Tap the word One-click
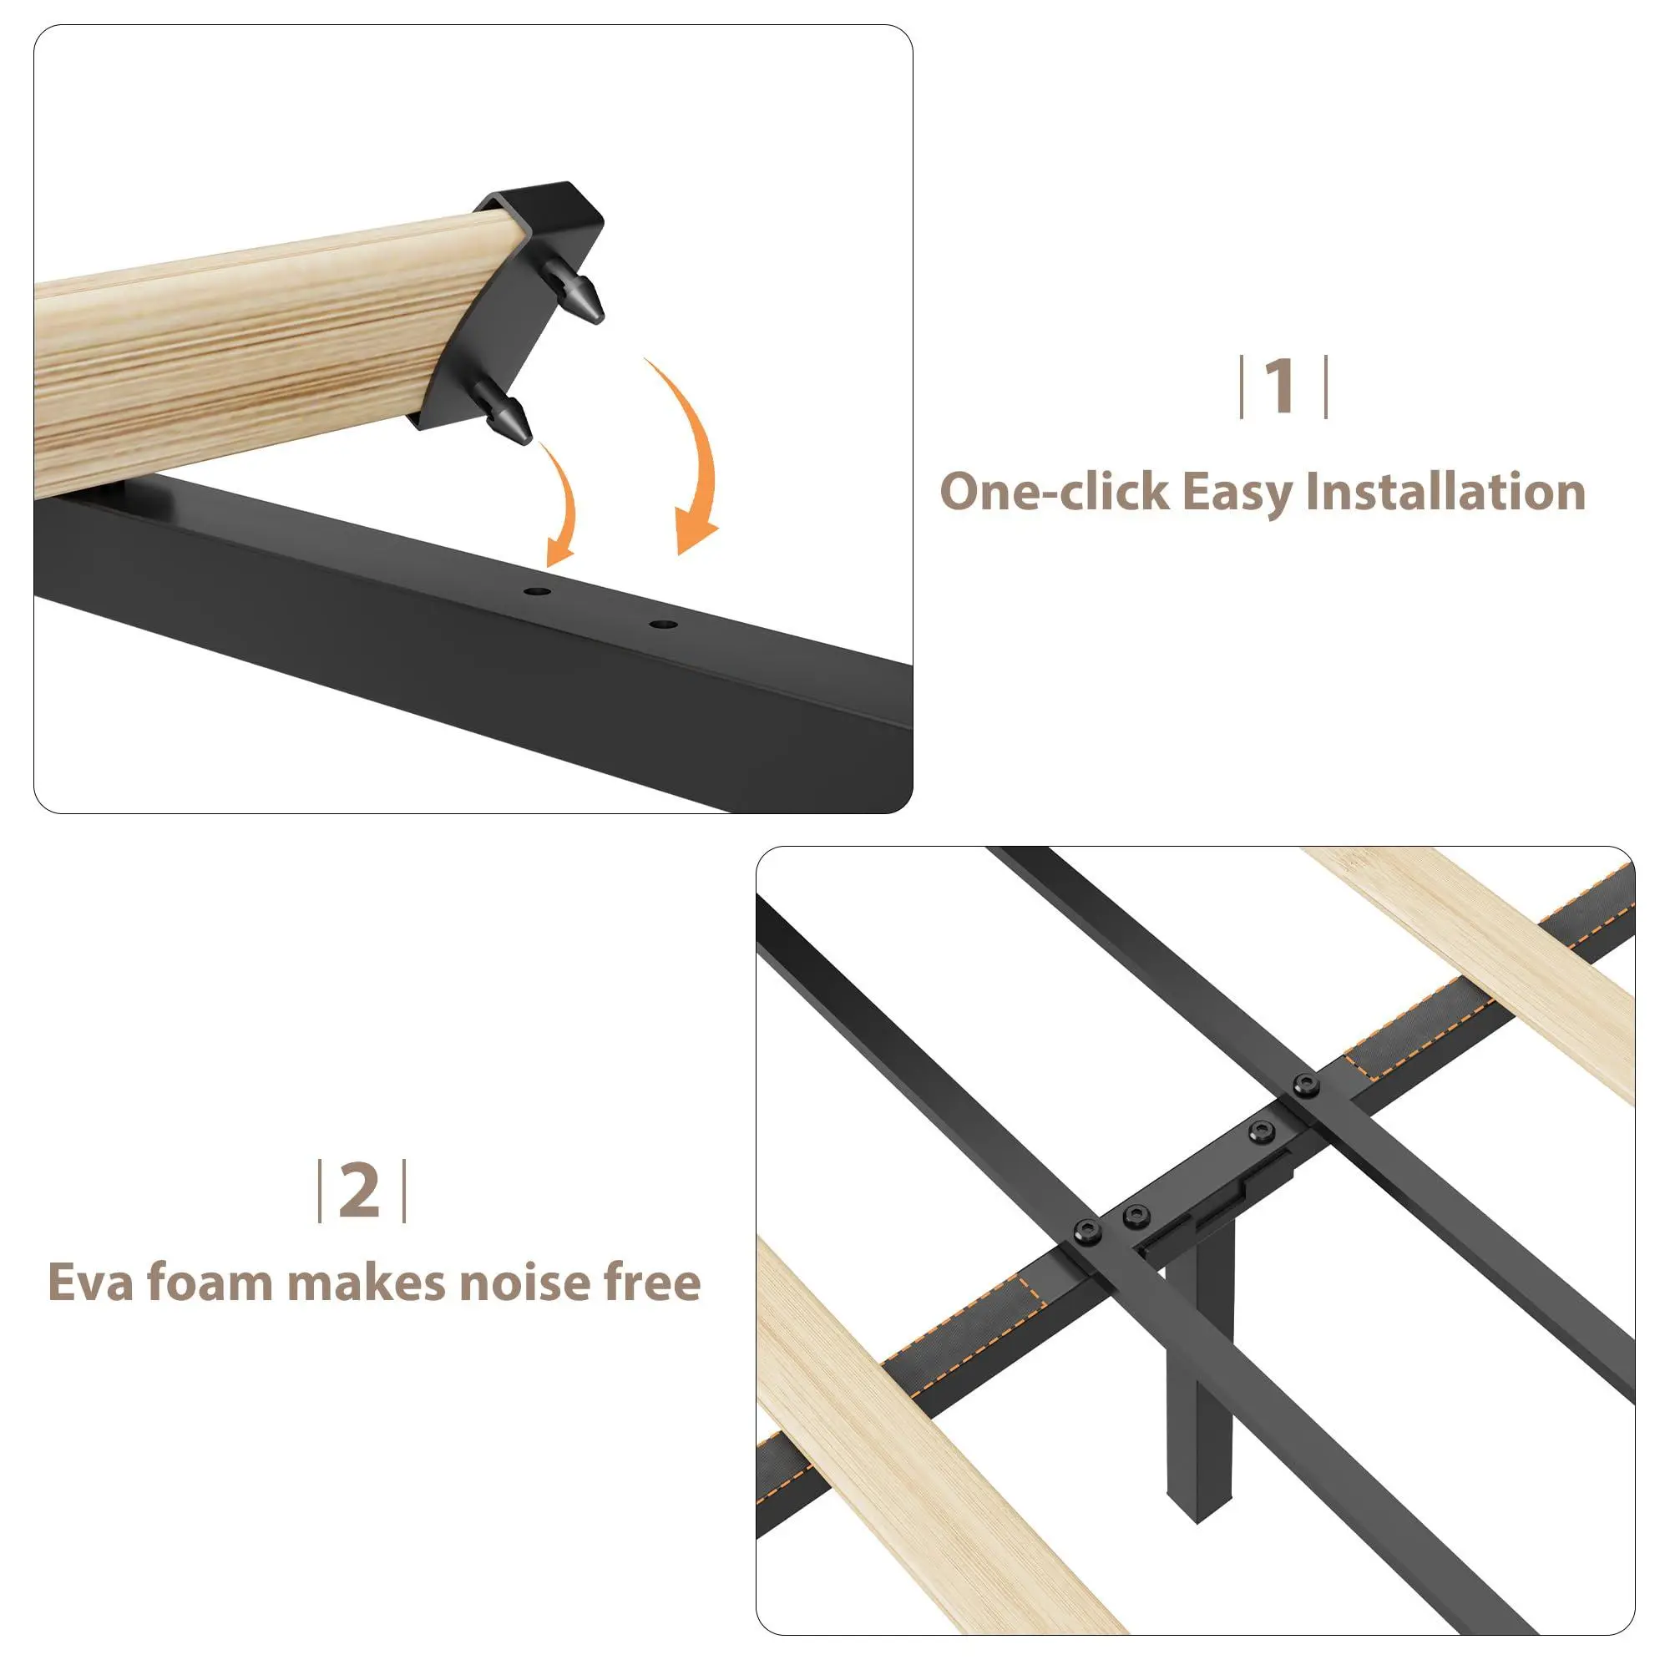pyautogui.click(x=1054, y=491)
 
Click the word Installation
pyautogui.click(x=1446, y=491)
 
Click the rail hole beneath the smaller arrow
pyautogui.click(x=537, y=592)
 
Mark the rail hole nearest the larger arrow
pyautogui.click(x=663, y=623)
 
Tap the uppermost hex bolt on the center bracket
pyautogui.click(x=1305, y=1085)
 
